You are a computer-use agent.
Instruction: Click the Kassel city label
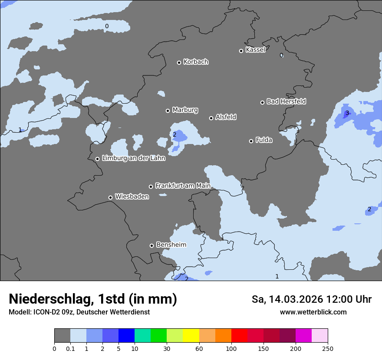[255, 50]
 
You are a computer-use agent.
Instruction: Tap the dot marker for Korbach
[179, 62]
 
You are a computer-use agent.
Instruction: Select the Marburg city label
[185, 110]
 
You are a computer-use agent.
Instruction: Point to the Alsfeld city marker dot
[211, 118]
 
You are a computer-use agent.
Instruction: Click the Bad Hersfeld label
[286, 101]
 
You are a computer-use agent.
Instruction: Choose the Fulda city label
[264, 140]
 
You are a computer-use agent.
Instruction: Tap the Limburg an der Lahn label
[133, 158]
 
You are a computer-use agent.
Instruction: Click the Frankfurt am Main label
[183, 186]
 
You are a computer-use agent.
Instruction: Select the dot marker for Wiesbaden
[110, 197]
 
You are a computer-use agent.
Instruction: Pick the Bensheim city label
[171, 245]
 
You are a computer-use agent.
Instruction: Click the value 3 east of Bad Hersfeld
[347, 113]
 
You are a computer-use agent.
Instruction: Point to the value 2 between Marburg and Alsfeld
[175, 134]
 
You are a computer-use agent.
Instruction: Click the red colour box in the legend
[239, 336]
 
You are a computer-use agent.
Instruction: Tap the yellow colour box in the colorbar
[191, 336]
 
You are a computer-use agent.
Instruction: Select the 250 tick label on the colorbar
[328, 348]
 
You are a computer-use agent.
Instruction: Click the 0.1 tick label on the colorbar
[70, 348]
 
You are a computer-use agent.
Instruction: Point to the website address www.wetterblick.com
[313, 312]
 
